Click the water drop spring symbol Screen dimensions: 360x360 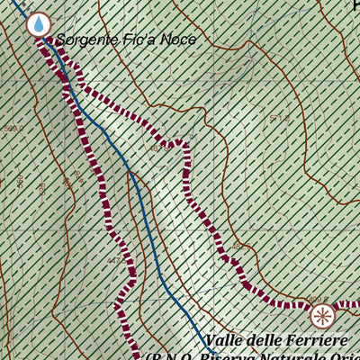click(x=38, y=24)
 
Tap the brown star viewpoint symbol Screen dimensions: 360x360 click(x=322, y=316)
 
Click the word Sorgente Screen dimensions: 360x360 click(x=85, y=40)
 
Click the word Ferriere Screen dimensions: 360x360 click(x=314, y=341)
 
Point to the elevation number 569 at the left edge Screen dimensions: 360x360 click(x=13, y=129)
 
